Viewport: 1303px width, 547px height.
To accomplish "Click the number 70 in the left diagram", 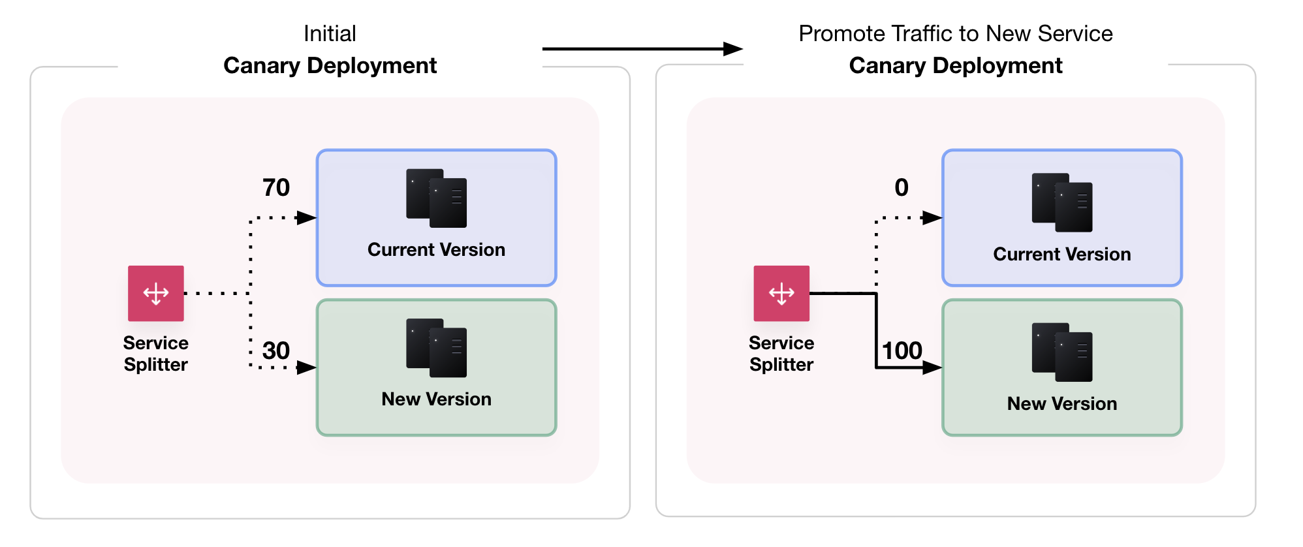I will [x=275, y=188].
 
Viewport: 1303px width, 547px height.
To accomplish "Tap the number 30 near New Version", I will [x=275, y=351].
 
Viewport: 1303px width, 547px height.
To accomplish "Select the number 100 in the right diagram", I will [x=902, y=351].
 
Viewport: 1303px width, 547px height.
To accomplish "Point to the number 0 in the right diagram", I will [x=901, y=188].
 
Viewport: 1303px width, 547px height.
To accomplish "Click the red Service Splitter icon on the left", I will [x=155, y=293].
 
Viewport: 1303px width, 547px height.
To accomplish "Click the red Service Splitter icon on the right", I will [x=781, y=293].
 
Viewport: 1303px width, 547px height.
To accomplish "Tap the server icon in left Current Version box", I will [x=436, y=198].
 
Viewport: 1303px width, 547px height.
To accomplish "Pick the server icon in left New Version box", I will [x=436, y=348].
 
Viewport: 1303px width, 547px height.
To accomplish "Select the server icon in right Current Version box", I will [x=1061, y=202].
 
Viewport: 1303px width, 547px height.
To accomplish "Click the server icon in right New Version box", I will [x=1061, y=352].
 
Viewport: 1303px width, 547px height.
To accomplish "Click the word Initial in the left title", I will [x=330, y=34].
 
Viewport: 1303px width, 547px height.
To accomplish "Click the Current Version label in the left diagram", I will [x=436, y=250].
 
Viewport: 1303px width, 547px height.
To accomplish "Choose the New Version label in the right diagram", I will [x=1061, y=404].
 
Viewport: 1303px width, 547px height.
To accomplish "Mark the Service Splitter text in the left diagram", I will [x=155, y=354].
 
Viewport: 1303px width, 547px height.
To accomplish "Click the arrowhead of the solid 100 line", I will [x=932, y=368].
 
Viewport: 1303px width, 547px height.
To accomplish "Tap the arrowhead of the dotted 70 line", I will [x=307, y=218].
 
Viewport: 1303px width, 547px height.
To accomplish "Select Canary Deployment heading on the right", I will [x=955, y=66].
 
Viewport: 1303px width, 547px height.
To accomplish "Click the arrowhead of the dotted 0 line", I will [x=932, y=218].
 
